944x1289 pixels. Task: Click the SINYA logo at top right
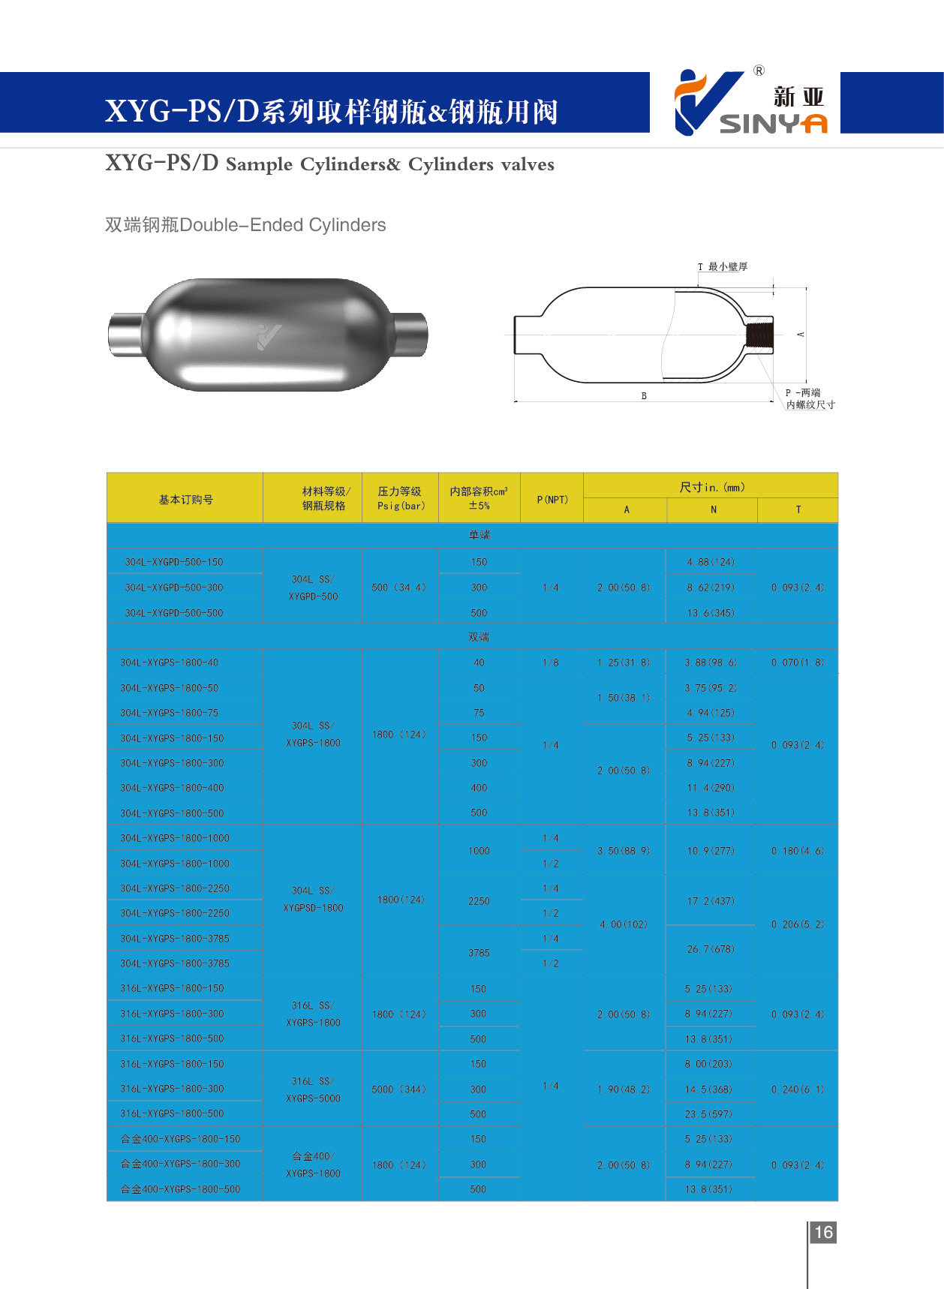click(x=750, y=104)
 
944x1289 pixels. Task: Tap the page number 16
click(x=823, y=1232)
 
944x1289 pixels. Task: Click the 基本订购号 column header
click(x=185, y=500)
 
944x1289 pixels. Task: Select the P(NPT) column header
click(x=552, y=500)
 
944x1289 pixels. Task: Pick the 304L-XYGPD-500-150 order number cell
click(x=174, y=562)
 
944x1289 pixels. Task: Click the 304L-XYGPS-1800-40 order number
click(x=170, y=663)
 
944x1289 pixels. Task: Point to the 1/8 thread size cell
click(x=551, y=663)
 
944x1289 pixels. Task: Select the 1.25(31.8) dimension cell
click(x=624, y=663)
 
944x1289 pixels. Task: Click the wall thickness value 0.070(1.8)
click(x=797, y=663)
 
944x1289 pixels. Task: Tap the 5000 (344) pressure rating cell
click(x=398, y=1089)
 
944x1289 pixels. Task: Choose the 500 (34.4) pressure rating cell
click(x=398, y=587)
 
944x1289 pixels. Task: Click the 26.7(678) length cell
click(x=711, y=949)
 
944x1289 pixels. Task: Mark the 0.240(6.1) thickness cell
click(x=797, y=1089)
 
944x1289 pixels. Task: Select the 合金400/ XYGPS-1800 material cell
click(x=313, y=1164)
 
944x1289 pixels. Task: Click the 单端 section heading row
click(x=479, y=535)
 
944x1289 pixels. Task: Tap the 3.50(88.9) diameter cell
click(x=624, y=851)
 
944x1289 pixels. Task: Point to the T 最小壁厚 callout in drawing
click(x=723, y=267)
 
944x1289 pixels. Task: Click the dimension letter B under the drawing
click(x=644, y=395)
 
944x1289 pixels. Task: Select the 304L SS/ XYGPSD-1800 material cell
click(x=313, y=899)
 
